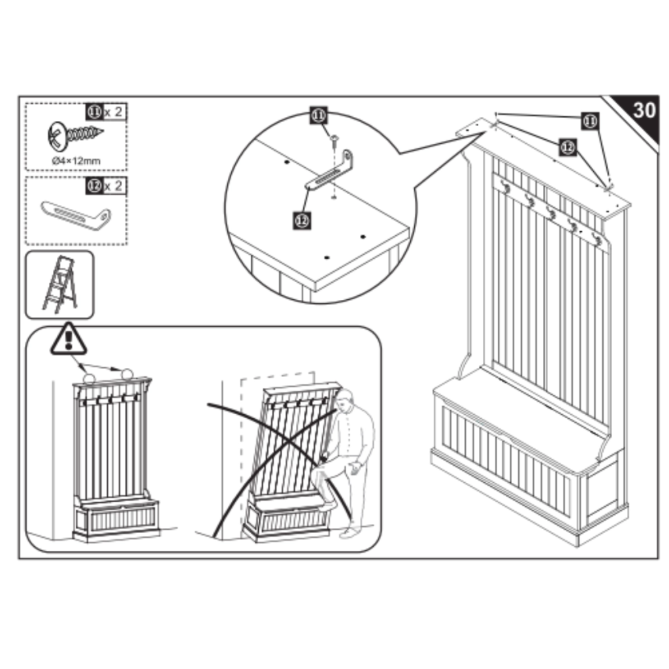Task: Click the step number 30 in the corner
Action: click(644, 110)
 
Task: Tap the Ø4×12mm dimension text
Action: click(76, 159)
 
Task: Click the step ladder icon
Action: click(60, 285)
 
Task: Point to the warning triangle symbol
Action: click(69, 338)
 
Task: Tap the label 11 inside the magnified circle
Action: click(319, 116)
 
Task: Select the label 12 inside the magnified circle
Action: click(302, 220)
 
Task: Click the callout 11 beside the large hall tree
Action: click(591, 121)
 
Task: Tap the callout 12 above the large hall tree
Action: click(567, 148)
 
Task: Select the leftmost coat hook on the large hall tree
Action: click(504, 187)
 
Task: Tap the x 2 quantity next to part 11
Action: click(113, 112)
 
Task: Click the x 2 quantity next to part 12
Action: click(113, 186)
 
